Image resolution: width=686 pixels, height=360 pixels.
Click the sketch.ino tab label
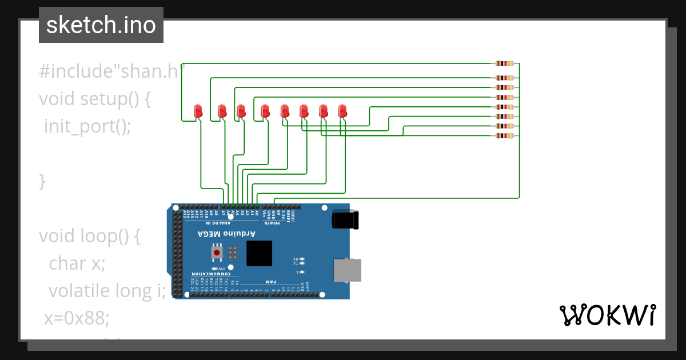(x=101, y=25)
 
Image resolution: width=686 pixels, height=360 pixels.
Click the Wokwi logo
(x=607, y=315)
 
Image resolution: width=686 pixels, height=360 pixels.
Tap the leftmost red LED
(x=198, y=111)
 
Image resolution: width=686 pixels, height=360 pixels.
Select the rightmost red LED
(x=342, y=111)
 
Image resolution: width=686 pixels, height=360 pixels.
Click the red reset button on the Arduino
(x=217, y=251)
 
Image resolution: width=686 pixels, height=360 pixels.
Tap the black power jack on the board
(x=345, y=221)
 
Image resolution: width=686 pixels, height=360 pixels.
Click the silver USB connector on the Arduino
(x=347, y=270)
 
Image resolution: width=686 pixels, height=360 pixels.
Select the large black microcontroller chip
(x=259, y=253)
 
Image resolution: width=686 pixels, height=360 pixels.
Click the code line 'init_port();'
(x=87, y=126)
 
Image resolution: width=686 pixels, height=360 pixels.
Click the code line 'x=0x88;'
(x=77, y=318)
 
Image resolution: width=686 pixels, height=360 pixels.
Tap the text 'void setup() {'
(x=94, y=98)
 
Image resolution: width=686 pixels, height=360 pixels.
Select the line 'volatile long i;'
(x=107, y=291)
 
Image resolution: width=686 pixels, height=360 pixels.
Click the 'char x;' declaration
(x=77, y=263)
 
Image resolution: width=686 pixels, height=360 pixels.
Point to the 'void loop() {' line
(x=89, y=235)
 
